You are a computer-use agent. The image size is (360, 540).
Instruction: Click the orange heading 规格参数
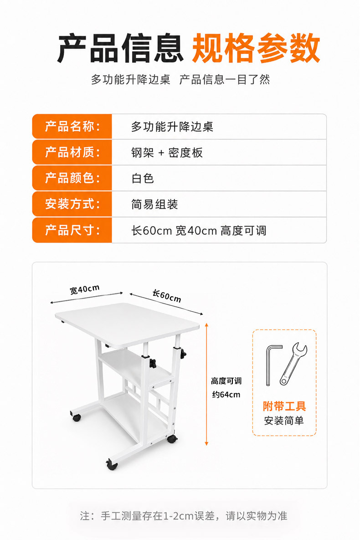point(256,48)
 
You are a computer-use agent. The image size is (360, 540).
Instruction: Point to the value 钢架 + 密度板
point(167,153)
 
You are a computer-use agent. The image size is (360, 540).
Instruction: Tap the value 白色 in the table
point(143,178)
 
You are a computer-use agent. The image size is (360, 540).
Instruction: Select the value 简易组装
point(154,204)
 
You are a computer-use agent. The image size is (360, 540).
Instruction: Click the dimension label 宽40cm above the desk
point(84,289)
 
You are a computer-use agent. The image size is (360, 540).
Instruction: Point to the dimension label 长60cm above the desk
point(167,295)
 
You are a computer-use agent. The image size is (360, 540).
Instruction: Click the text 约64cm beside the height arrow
point(226,395)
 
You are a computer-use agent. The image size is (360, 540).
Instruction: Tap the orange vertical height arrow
point(207,384)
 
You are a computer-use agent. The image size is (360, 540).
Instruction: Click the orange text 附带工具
point(284,406)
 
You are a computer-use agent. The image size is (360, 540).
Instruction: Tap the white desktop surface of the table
point(128,324)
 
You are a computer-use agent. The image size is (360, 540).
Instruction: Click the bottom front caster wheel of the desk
point(112,464)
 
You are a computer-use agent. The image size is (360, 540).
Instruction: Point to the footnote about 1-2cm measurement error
point(184,515)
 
